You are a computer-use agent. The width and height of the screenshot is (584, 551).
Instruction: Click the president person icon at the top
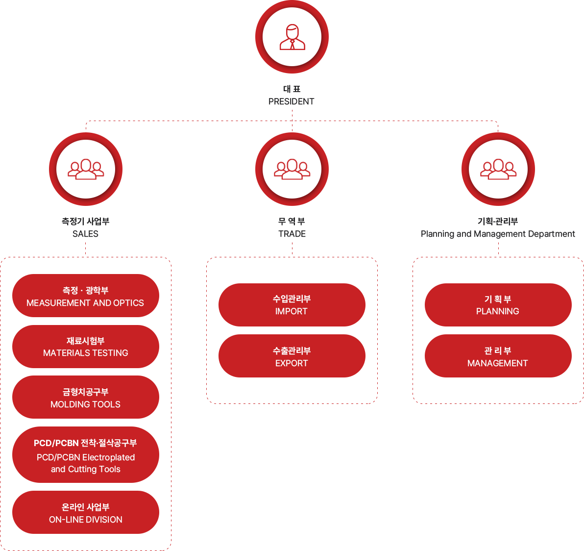292,37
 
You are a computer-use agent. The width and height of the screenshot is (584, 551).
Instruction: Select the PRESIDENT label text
292,101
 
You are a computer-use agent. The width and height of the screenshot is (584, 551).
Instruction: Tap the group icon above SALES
86,169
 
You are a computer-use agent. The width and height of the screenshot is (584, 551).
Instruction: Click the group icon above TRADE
292,169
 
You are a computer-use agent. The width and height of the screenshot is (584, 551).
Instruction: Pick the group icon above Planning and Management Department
498,169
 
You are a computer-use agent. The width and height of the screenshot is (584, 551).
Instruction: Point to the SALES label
86,234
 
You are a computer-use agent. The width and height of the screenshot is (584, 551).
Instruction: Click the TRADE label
292,234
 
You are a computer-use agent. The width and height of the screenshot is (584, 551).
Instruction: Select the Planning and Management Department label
498,234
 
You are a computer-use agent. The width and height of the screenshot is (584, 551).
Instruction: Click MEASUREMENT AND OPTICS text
85,303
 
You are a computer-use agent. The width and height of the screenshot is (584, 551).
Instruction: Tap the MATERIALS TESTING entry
86,353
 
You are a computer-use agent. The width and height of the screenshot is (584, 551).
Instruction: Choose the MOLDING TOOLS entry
86,404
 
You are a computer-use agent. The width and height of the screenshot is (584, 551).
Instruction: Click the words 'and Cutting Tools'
86,469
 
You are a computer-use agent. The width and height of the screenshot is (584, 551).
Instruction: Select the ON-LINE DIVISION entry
86,520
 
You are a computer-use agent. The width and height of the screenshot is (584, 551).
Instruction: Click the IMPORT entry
292,311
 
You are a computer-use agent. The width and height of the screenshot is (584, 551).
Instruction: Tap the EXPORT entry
292,363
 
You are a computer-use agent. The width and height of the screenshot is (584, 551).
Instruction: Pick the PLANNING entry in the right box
498,311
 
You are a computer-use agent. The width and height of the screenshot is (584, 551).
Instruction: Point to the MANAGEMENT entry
498,363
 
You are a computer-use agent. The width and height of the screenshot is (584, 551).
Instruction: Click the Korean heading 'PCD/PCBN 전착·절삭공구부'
85,443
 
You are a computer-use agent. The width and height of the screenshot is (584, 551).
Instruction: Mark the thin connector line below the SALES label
86,249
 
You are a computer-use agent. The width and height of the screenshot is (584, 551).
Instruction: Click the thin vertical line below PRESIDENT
292,115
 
